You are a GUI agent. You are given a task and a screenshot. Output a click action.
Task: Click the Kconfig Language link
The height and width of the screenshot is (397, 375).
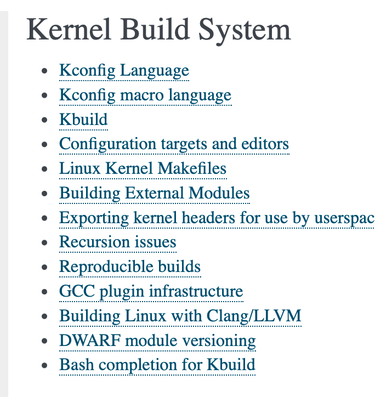[x=124, y=71]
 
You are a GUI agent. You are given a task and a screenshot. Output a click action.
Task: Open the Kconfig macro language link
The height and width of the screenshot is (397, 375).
[x=145, y=95]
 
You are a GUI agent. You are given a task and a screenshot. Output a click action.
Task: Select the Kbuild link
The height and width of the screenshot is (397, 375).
[x=83, y=120]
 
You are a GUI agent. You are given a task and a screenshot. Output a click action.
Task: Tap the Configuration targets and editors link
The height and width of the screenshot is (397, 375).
[x=174, y=144]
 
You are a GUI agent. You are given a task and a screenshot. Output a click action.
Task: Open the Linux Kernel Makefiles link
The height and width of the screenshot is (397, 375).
[x=143, y=169]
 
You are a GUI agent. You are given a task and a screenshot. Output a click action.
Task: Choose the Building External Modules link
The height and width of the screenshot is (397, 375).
[x=154, y=194]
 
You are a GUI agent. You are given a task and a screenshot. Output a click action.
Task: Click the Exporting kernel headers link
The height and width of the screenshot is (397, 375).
[x=217, y=218]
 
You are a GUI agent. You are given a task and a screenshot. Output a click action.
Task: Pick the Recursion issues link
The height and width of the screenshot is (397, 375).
[x=117, y=242]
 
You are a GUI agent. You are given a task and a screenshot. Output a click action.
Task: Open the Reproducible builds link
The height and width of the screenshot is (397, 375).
[x=130, y=267]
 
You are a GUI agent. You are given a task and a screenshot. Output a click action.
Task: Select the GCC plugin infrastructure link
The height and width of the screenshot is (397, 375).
[x=151, y=291]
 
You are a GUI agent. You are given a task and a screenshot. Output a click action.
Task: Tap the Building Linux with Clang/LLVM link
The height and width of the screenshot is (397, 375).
[x=180, y=316]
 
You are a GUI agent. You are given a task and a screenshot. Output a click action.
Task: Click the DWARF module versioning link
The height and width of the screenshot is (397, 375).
[x=157, y=341]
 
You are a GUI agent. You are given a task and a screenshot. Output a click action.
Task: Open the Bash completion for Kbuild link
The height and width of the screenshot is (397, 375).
[x=157, y=365]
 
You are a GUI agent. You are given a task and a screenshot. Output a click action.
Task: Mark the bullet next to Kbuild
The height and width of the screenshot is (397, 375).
[x=45, y=120]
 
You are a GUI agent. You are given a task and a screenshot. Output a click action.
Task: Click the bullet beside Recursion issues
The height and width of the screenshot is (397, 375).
[x=45, y=243]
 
